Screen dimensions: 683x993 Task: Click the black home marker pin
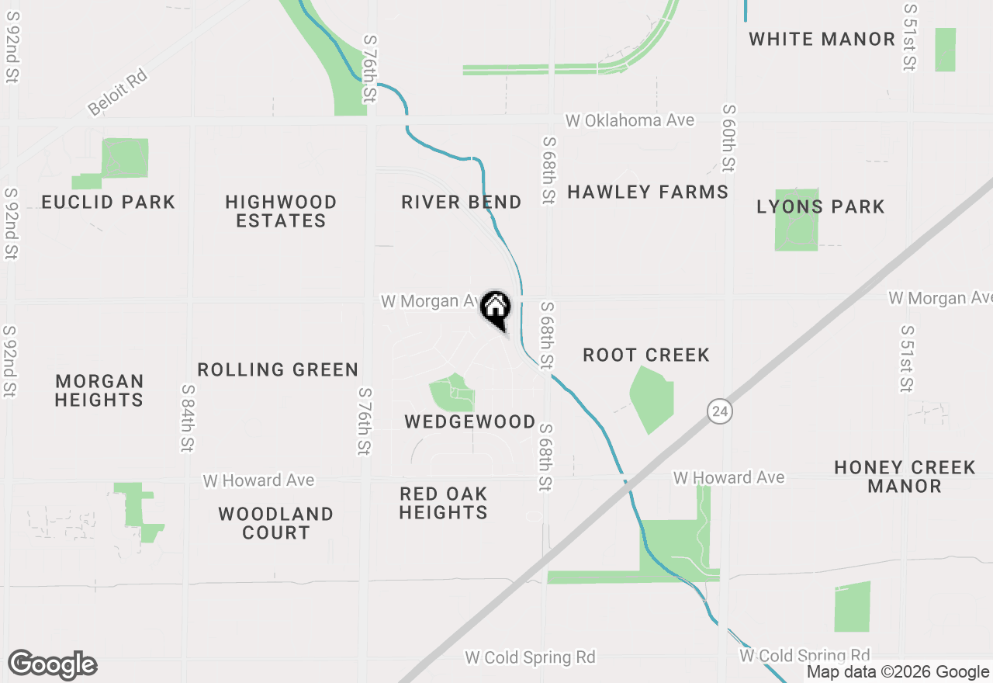point(495,309)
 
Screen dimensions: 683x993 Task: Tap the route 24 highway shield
point(719,411)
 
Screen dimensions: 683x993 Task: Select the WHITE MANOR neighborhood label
point(822,39)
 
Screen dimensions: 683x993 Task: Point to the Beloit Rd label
point(117,92)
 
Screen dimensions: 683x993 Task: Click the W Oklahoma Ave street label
point(629,120)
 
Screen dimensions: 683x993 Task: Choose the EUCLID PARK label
point(109,203)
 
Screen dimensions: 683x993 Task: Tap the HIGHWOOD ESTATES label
point(281,211)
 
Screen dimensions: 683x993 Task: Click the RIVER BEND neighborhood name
point(461,203)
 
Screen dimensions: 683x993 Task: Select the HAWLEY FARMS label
point(648,192)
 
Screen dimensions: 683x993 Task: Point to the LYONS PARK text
point(821,206)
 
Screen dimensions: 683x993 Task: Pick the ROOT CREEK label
point(646,355)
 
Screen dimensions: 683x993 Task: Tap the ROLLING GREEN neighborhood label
point(278,369)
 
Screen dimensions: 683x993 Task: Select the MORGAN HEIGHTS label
point(99,390)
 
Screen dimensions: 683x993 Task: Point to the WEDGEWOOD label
point(470,421)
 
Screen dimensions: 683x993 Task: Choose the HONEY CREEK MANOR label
point(905,477)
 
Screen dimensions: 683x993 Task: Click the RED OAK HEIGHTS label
point(444,503)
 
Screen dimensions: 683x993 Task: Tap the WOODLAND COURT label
point(275,523)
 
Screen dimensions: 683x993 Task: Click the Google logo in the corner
point(53,665)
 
